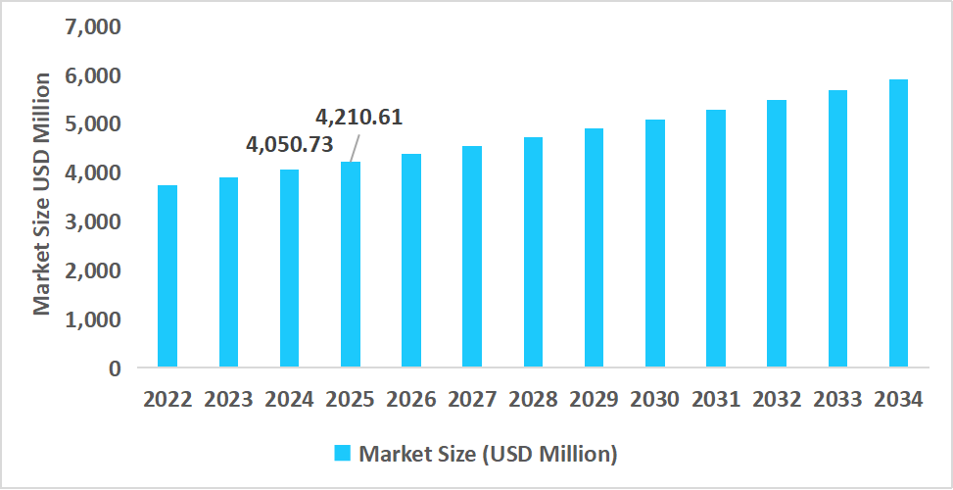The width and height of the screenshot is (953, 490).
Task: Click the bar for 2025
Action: coord(351,265)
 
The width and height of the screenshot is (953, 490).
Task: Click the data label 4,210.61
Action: coord(358,118)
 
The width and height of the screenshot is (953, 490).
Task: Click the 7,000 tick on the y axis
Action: coord(93,26)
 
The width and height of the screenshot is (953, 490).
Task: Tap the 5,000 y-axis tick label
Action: coord(93,124)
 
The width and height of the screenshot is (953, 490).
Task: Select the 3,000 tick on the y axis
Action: coord(93,221)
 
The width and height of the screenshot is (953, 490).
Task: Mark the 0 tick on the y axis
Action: coord(115,368)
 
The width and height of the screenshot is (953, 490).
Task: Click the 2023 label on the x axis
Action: coord(228,400)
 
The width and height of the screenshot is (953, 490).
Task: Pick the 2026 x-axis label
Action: coord(411,400)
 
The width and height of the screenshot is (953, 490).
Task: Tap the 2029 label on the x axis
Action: coord(595,400)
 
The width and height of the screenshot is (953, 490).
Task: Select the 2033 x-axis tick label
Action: coord(837,400)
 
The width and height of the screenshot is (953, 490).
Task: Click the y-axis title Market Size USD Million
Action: coord(41,194)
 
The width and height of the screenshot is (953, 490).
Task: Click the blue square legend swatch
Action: coord(343,453)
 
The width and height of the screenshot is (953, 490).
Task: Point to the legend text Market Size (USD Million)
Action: coord(488,454)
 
